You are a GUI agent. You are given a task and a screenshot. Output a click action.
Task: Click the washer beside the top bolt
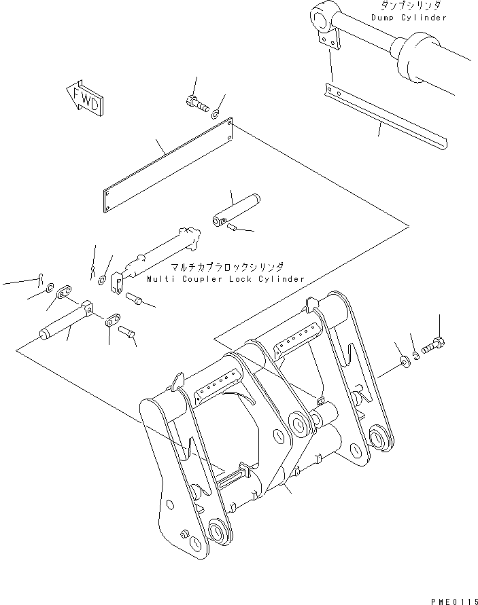pos(216,113)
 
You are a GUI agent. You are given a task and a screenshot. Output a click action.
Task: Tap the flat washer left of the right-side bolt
pos(405,361)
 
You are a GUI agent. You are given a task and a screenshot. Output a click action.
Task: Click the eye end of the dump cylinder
pos(322,15)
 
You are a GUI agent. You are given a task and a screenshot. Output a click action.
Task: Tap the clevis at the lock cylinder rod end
pos(116,282)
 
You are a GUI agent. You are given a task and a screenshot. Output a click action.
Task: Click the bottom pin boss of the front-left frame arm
pos(218,530)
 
